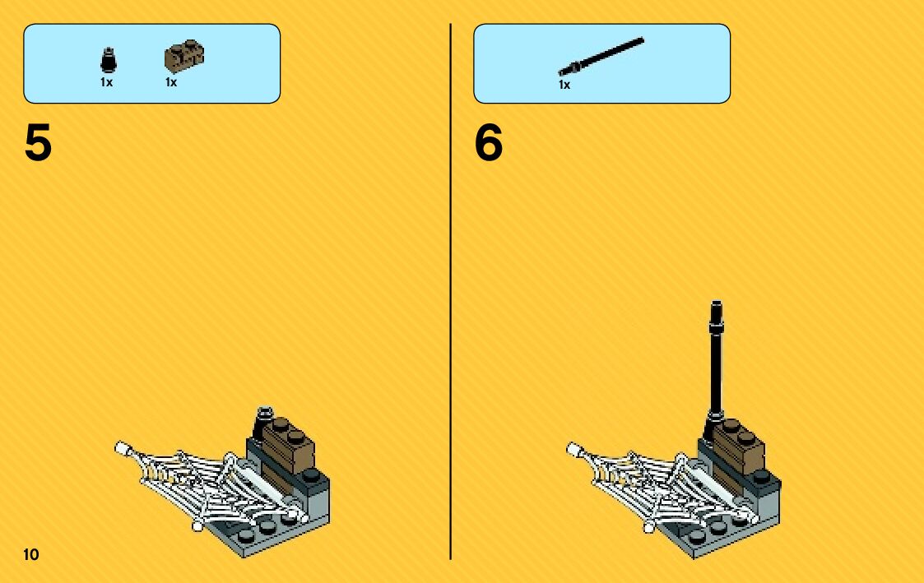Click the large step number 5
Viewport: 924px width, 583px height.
(39, 142)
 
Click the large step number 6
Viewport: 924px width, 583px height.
(489, 142)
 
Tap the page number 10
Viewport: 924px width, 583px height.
(31, 554)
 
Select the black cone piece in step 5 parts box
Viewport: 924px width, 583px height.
(109, 60)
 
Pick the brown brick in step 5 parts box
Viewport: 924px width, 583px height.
(184, 57)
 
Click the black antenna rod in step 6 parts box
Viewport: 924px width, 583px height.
(601, 57)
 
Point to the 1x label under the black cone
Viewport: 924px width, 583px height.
(107, 82)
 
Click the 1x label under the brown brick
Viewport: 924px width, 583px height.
(171, 82)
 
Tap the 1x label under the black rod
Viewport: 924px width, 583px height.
(564, 85)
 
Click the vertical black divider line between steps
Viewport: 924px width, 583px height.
(451, 291)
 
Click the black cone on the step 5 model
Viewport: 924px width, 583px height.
(263, 422)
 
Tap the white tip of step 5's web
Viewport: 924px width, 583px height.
(122, 448)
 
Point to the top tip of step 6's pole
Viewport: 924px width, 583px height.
(717, 302)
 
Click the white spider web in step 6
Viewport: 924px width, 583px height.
(663, 487)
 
